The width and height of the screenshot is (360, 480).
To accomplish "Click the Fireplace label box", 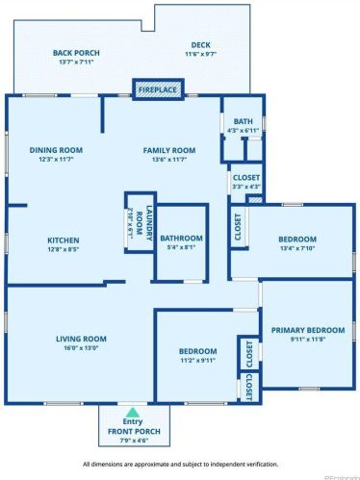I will point(157,89).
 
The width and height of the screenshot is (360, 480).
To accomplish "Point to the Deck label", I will point(200,44).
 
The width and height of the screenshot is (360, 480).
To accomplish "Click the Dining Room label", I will point(56,150).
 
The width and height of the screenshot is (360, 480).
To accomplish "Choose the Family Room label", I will point(169,150).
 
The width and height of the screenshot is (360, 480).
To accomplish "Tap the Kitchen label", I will point(64,240).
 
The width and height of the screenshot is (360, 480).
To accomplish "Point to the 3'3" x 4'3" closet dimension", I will point(244,186).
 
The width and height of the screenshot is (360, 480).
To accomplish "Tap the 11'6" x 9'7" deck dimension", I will point(200,54).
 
